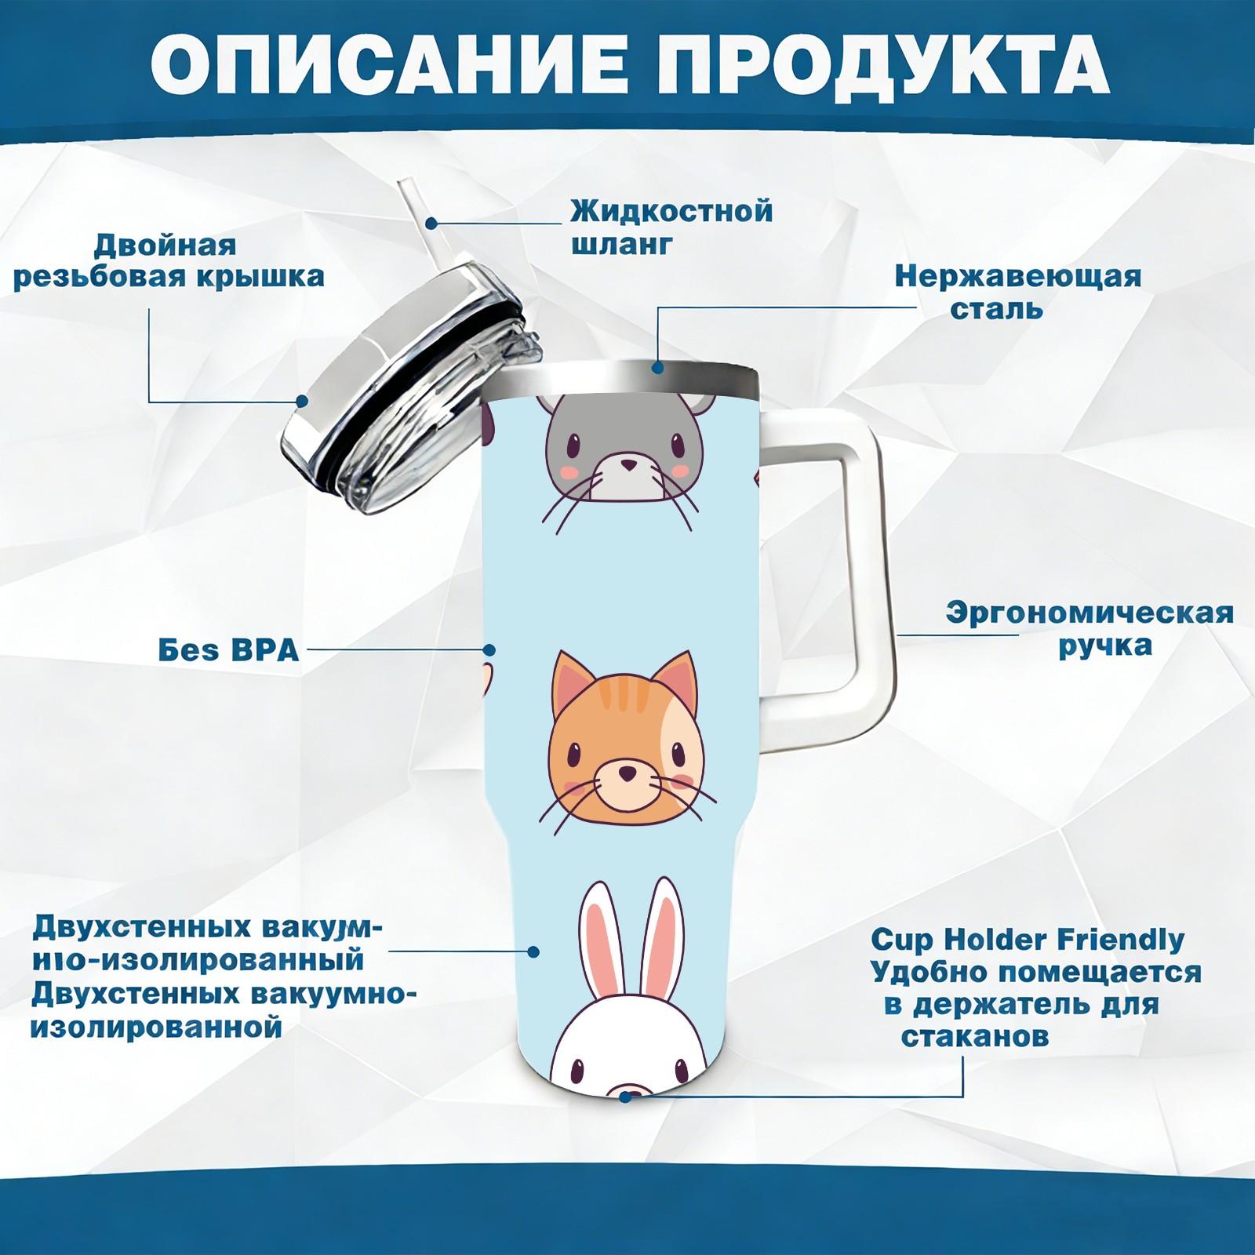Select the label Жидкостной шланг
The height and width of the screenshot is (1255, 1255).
tap(671, 227)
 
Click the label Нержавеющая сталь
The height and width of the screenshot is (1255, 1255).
tap(1018, 292)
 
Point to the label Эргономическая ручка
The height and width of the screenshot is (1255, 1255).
tap(1089, 629)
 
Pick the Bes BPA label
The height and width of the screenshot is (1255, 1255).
tap(228, 650)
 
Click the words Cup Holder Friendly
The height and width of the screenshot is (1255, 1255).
tap(1028, 940)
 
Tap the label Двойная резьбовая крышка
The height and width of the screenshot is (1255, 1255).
tap(169, 261)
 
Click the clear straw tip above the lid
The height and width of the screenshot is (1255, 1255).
tap(407, 189)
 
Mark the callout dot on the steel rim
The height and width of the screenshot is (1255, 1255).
tap(657, 367)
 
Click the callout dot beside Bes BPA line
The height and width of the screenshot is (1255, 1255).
tap(489, 650)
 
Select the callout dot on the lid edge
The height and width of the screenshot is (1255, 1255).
tap(301, 401)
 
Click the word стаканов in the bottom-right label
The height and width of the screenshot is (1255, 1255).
tap(974, 1037)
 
